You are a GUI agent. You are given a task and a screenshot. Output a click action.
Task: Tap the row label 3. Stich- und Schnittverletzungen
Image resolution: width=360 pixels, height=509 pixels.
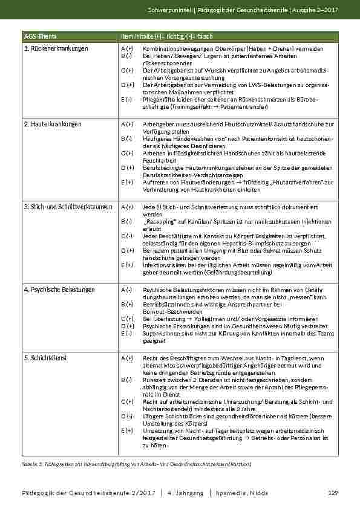[x=68, y=207]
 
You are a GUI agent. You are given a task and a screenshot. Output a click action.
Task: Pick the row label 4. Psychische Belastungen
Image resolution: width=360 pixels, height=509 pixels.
[x=59, y=290]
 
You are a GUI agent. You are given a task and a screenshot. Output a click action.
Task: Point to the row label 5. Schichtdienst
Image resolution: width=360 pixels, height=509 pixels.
[x=45, y=358]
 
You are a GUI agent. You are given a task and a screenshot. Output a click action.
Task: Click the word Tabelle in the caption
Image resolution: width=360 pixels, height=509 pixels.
[x=30, y=464]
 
